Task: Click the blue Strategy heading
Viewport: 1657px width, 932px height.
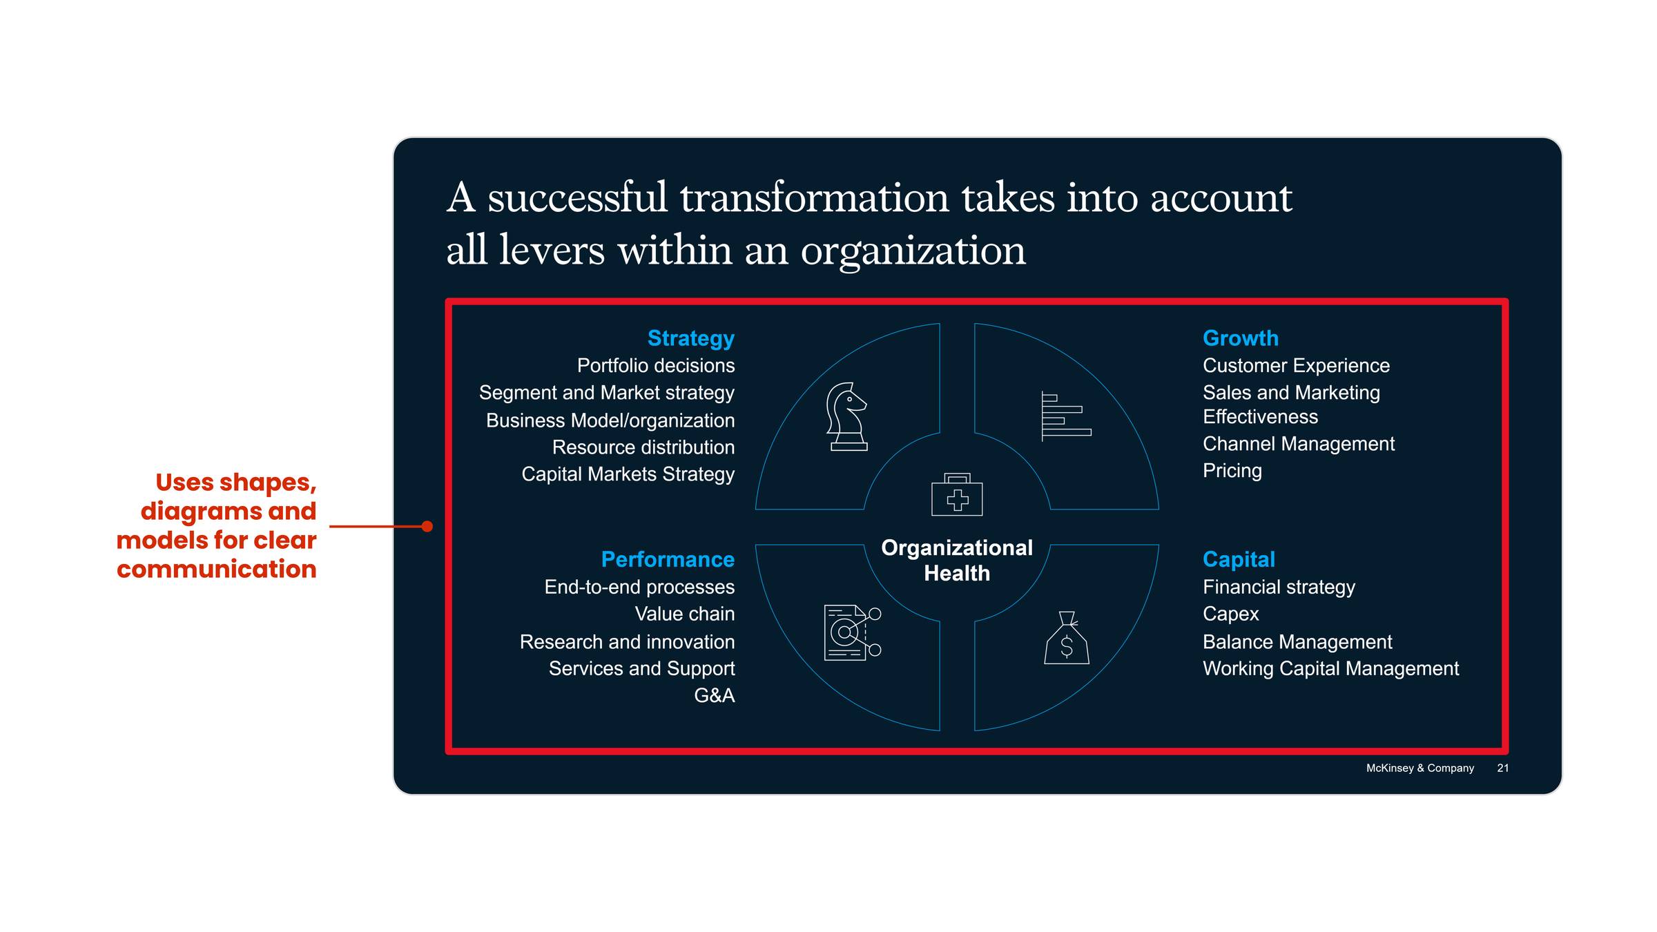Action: (x=690, y=338)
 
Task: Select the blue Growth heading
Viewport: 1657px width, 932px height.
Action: (x=1240, y=338)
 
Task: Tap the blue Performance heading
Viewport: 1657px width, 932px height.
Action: (x=667, y=559)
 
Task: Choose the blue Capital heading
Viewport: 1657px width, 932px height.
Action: (x=1239, y=559)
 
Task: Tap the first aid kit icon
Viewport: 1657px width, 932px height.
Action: (x=957, y=495)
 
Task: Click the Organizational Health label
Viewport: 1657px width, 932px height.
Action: (x=957, y=560)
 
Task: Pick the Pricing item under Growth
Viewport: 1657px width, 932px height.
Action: (x=1232, y=471)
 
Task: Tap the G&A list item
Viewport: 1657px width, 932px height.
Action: (x=714, y=695)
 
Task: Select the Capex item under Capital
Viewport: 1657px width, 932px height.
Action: (x=1230, y=614)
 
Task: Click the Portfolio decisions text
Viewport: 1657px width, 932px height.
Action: (x=655, y=365)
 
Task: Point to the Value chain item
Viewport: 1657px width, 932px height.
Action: (x=684, y=614)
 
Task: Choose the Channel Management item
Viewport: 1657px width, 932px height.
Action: (x=1298, y=444)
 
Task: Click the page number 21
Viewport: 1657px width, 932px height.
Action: (x=1502, y=768)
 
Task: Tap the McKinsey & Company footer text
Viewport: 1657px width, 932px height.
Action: (x=1419, y=768)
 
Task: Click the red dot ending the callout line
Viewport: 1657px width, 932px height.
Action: (x=427, y=527)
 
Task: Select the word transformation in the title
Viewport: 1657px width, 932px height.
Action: (x=815, y=198)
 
